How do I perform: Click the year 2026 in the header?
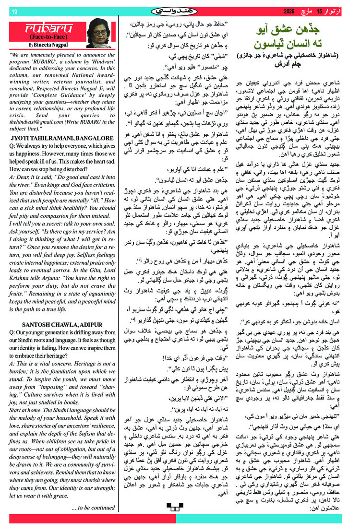(292, 11)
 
